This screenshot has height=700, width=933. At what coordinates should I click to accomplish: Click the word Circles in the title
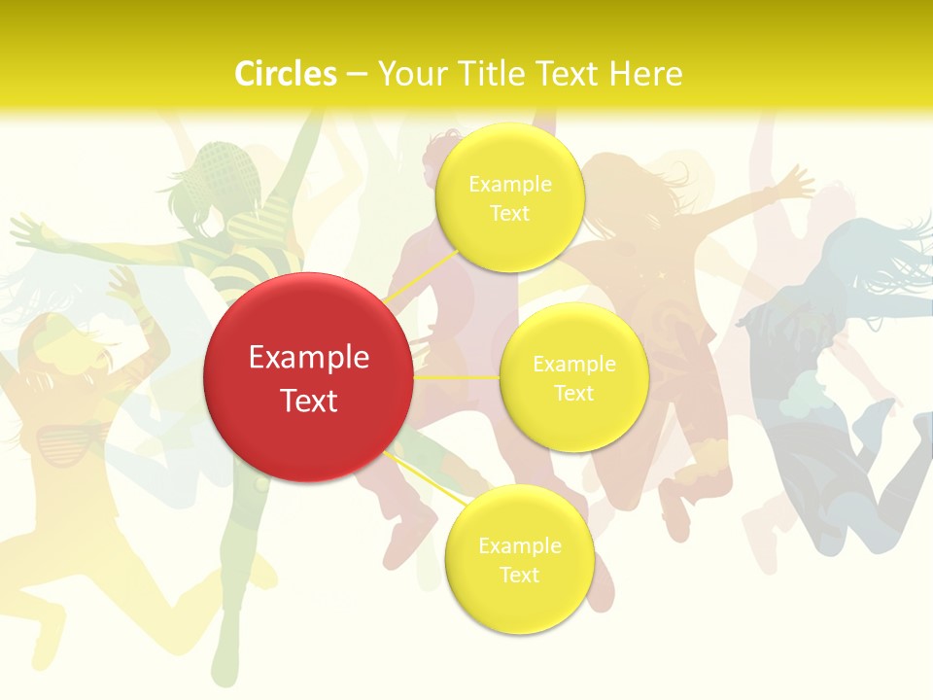(286, 74)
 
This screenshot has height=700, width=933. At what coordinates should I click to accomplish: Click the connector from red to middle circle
(456, 376)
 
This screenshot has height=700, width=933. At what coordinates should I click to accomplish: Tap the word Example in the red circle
(308, 358)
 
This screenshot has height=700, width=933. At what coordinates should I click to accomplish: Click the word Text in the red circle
(308, 401)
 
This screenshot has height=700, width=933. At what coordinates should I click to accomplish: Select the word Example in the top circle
(509, 184)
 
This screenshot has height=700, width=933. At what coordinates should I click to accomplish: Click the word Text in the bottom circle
(519, 575)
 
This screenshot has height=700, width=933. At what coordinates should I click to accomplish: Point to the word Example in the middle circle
(573, 364)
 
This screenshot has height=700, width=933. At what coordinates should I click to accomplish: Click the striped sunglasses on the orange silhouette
(63, 441)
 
